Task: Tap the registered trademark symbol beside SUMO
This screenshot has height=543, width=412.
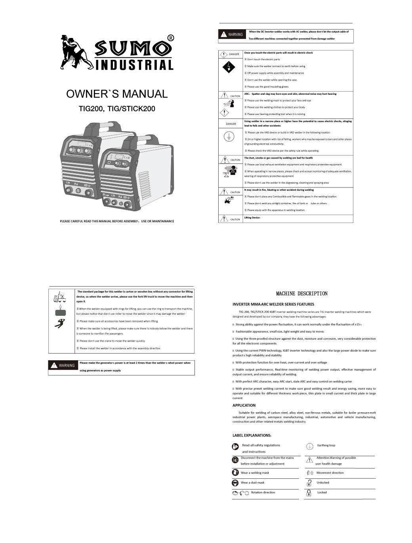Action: click(171, 38)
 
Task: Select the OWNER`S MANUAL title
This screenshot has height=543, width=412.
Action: click(117, 94)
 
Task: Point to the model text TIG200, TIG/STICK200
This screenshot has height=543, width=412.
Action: click(117, 109)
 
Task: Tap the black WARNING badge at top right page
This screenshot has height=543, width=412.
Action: click(232, 34)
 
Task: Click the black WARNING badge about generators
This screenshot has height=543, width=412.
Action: click(63, 365)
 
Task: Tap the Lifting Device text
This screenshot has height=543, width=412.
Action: click(252, 218)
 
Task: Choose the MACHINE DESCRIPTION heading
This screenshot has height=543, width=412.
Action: click(301, 294)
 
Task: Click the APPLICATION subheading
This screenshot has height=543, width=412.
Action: click(244, 405)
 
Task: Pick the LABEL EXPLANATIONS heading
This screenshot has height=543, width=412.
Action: click(252, 435)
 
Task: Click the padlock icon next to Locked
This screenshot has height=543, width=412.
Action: click(309, 493)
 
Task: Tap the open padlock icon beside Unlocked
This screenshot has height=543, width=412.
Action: click(309, 483)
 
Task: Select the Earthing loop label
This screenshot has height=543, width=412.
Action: click(326, 445)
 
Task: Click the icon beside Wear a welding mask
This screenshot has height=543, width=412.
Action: click(235, 472)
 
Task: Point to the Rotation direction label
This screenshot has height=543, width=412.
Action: click(263, 492)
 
